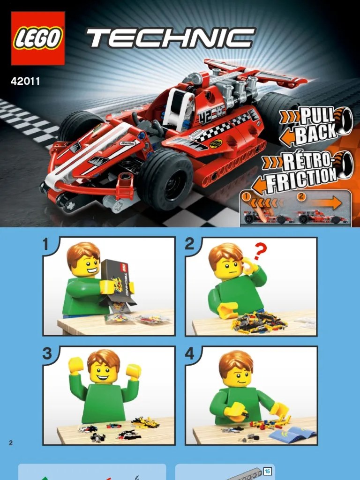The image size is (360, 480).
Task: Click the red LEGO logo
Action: (x=37, y=38)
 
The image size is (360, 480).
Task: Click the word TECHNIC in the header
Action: (x=171, y=38)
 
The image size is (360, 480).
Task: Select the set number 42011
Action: (x=25, y=81)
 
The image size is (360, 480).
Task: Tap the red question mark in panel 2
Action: (x=260, y=252)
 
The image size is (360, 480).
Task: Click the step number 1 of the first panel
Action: (x=46, y=244)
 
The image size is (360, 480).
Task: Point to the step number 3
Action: (x=47, y=353)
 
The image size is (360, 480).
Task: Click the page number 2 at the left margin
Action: (x=11, y=442)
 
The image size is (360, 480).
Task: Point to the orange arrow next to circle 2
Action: (x=324, y=202)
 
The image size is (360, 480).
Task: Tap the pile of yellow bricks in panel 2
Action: (x=259, y=322)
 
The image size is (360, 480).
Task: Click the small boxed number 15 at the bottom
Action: (x=267, y=472)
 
